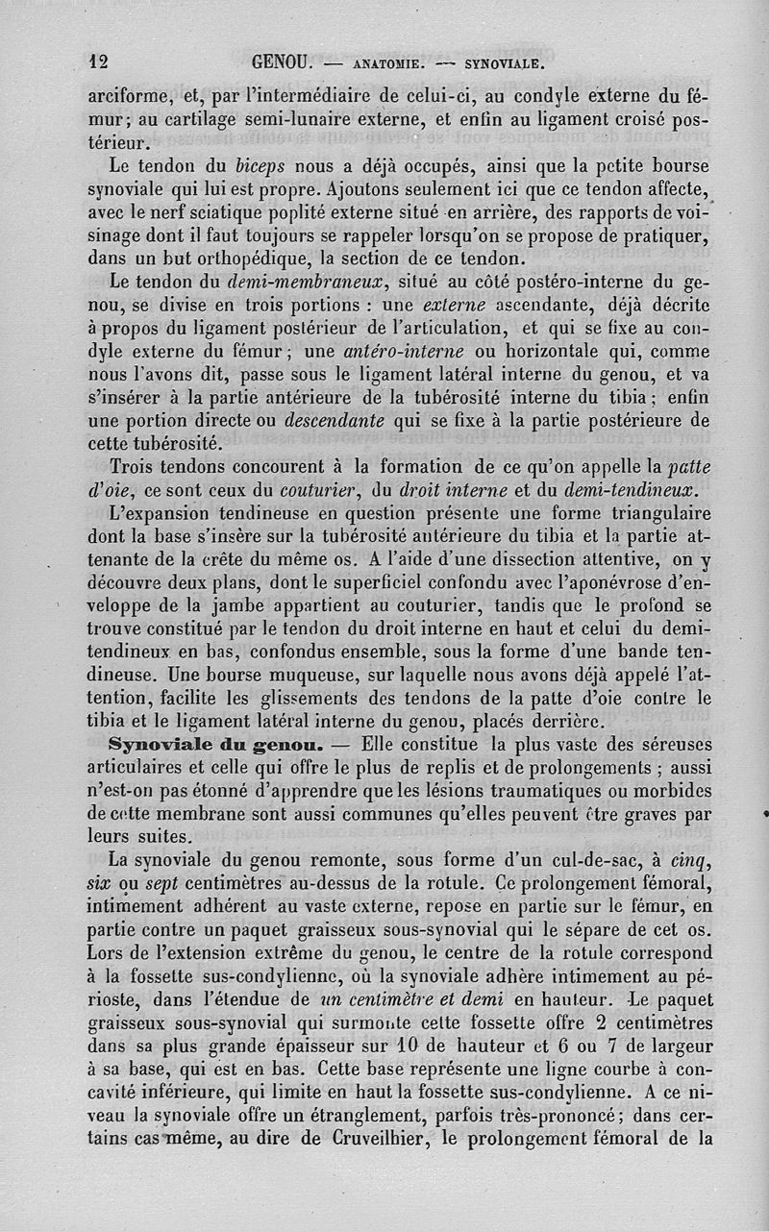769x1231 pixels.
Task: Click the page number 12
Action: tap(98, 62)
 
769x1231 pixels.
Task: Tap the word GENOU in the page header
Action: tap(282, 63)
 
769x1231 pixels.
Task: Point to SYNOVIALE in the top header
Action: tap(505, 65)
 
